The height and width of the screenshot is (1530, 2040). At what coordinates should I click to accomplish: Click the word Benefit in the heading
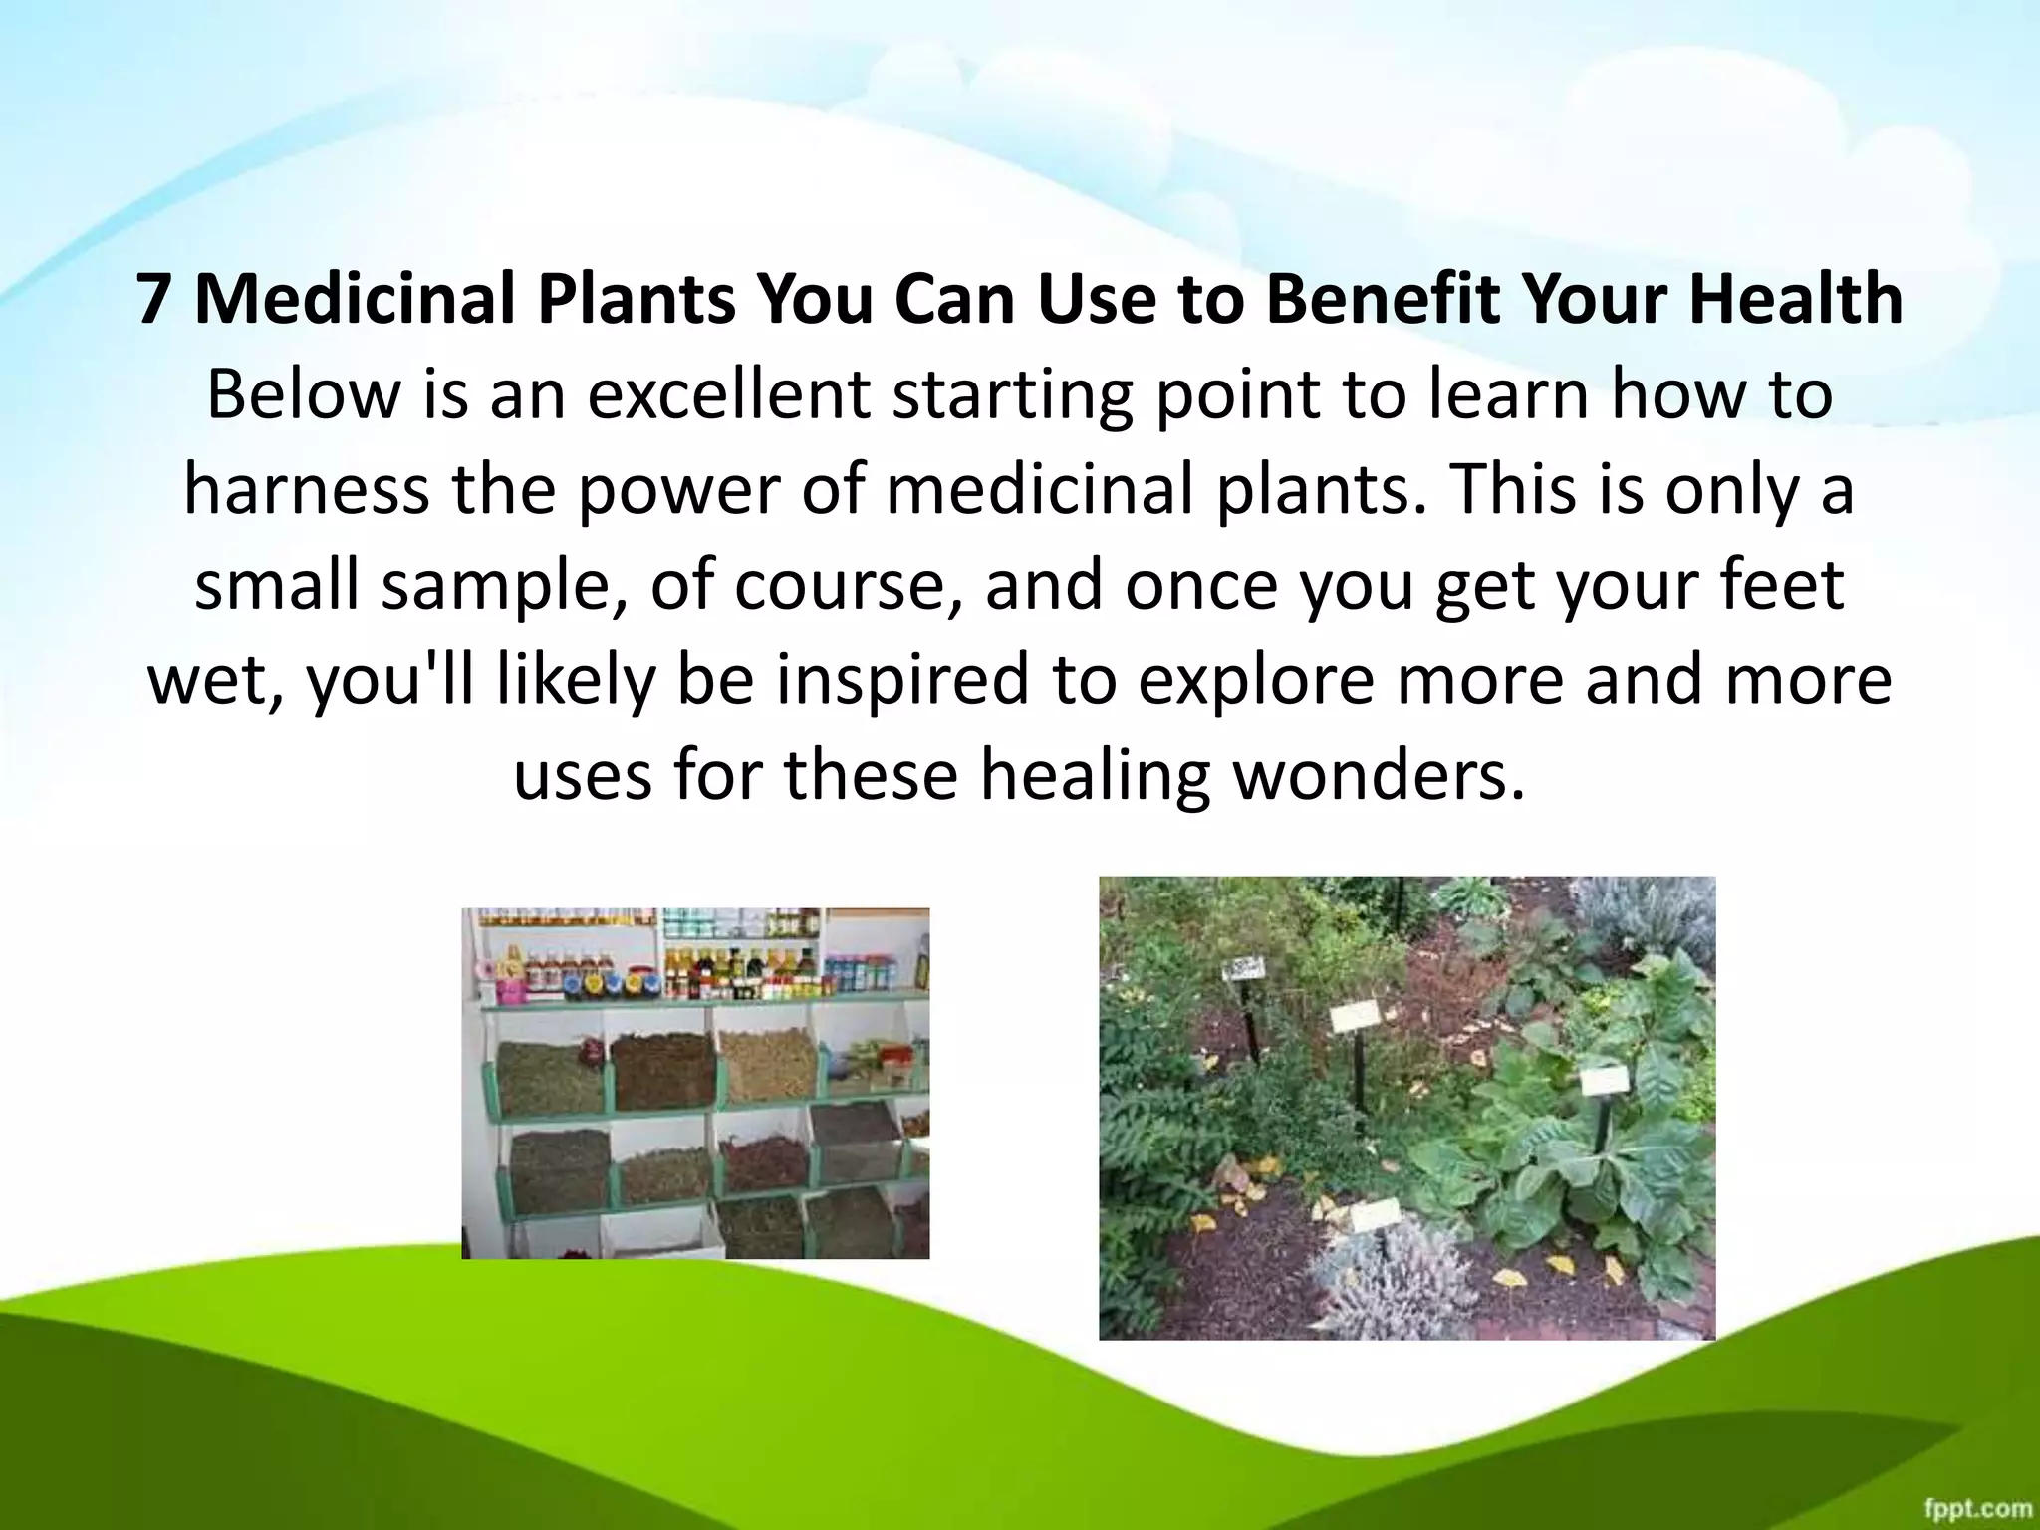pos(1382,300)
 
